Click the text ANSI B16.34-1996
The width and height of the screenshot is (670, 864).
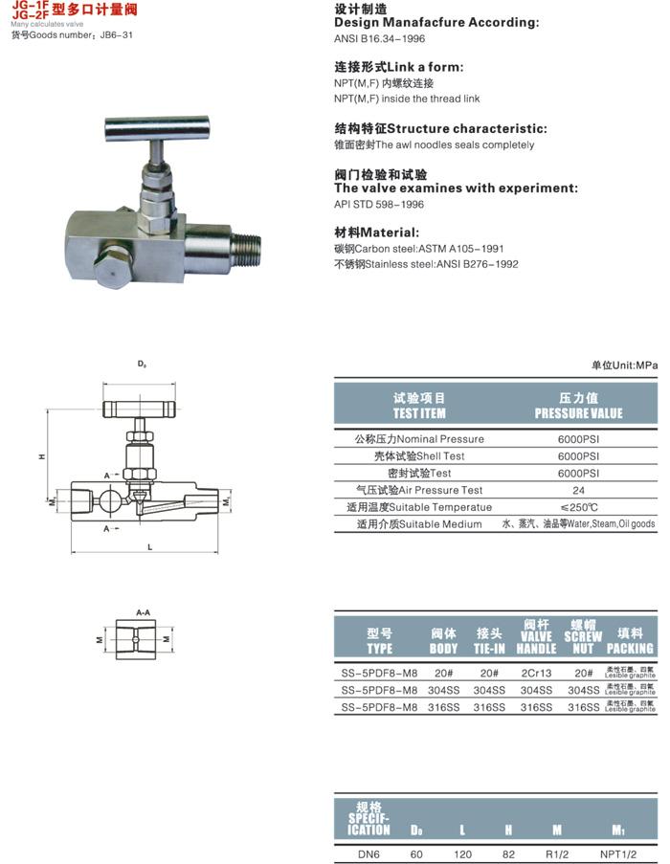coord(380,39)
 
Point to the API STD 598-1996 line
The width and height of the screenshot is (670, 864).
coord(379,204)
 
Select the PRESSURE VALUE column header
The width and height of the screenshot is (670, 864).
coord(578,406)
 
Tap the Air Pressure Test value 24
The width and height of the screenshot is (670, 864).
coord(578,490)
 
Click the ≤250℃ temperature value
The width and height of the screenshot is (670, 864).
coord(578,507)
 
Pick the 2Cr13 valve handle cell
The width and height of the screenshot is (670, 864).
coord(536,673)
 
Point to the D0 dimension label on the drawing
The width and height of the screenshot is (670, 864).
coord(142,365)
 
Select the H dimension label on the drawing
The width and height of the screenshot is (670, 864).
coord(42,457)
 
